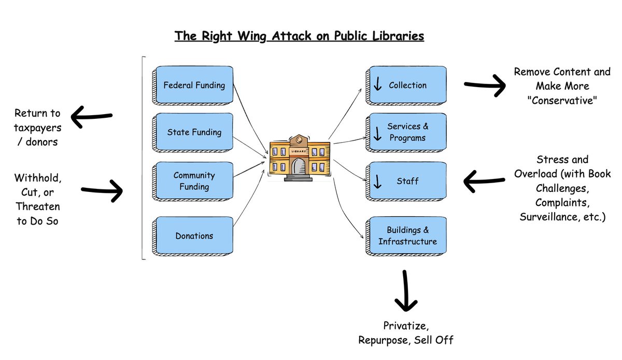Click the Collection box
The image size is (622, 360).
tap(407, 85)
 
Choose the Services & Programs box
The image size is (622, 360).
tap(407, 132)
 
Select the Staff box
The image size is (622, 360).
tap(407, 181)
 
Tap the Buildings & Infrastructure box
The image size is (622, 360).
tap(407, 236)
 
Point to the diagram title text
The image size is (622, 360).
tap(299, 36)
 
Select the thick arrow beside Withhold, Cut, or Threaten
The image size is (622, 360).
tap(102, 190)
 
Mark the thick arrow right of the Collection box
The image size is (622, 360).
tap(485, 85)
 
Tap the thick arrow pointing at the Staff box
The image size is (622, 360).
tap(484, 182)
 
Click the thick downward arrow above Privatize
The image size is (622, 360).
tap(405, 290)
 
